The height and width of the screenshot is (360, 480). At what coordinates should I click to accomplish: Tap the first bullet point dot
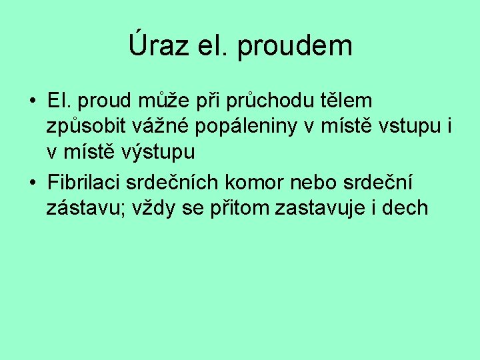(32, 102)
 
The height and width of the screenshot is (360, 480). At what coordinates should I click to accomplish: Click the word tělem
(348, 101)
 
